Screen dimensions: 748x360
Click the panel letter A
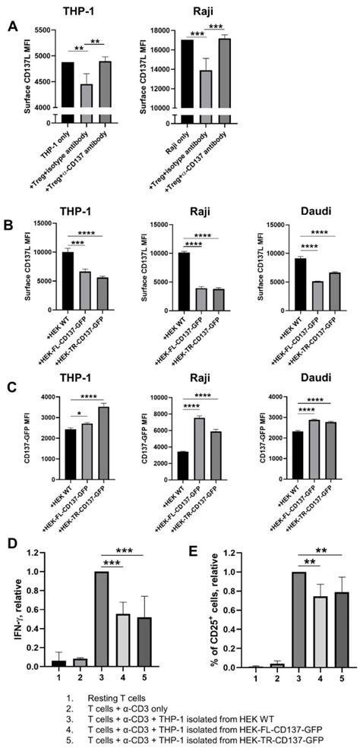coord(13,25)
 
